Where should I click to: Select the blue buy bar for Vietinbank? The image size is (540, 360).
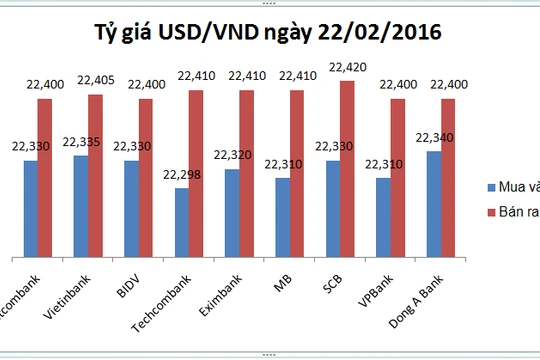point(81,205)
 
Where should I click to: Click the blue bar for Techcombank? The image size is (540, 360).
point(182,221)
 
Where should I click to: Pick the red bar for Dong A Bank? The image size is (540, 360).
point(448,176)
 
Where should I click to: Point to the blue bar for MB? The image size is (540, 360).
point(283,216)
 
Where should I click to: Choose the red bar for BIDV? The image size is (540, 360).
point(146,176)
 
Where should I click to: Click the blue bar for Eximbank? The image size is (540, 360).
point(232,211)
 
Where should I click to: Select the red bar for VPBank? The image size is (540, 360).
point(398,176)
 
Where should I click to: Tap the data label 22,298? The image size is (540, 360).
point(180,176)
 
